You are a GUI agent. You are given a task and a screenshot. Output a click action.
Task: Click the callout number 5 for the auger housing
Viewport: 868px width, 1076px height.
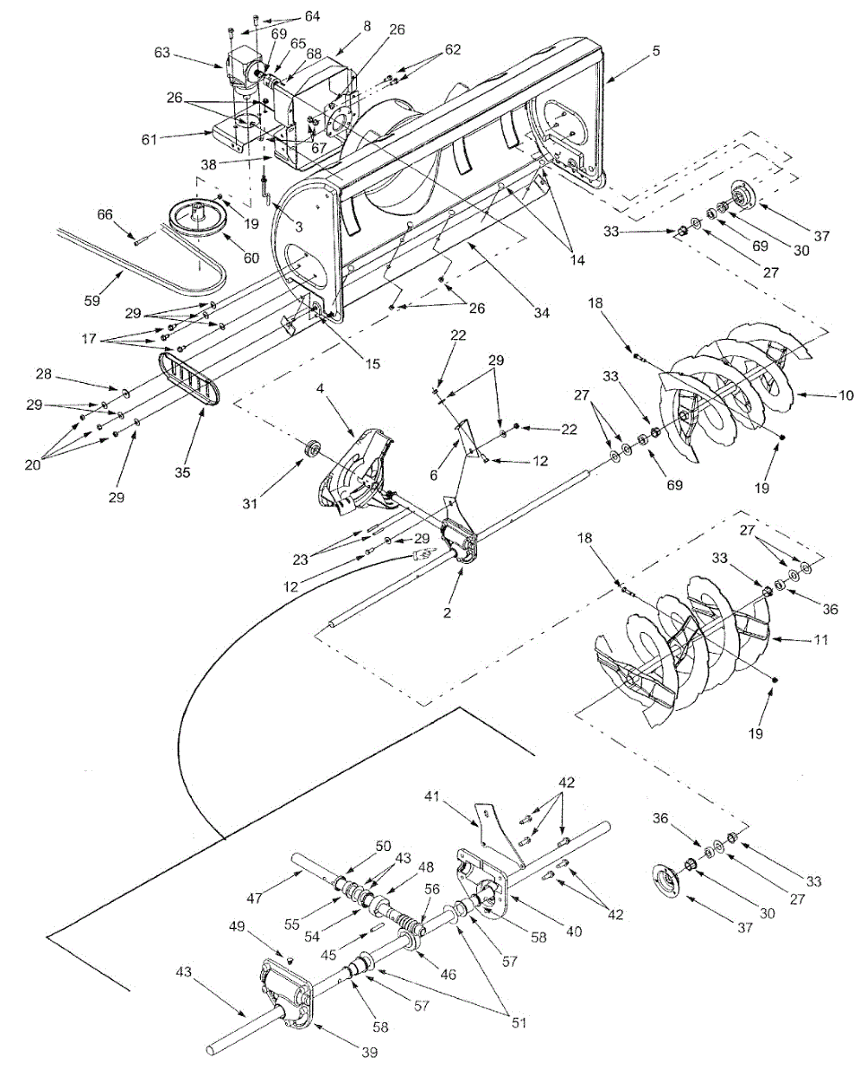pos(656,51)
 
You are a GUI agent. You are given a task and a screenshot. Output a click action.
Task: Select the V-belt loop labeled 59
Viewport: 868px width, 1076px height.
pos(135,256)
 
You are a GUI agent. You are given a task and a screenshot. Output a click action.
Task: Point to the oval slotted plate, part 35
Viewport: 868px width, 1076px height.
pos(190,380)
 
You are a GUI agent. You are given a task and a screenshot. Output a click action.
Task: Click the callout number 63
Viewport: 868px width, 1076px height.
pos(162,53)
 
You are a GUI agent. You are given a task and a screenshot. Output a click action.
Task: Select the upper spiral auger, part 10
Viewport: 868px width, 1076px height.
pos(735,377)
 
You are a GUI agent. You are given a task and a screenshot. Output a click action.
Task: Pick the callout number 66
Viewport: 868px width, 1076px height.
pos(106,214)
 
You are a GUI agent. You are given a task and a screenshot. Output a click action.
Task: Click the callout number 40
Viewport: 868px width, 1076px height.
pos(573,932)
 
